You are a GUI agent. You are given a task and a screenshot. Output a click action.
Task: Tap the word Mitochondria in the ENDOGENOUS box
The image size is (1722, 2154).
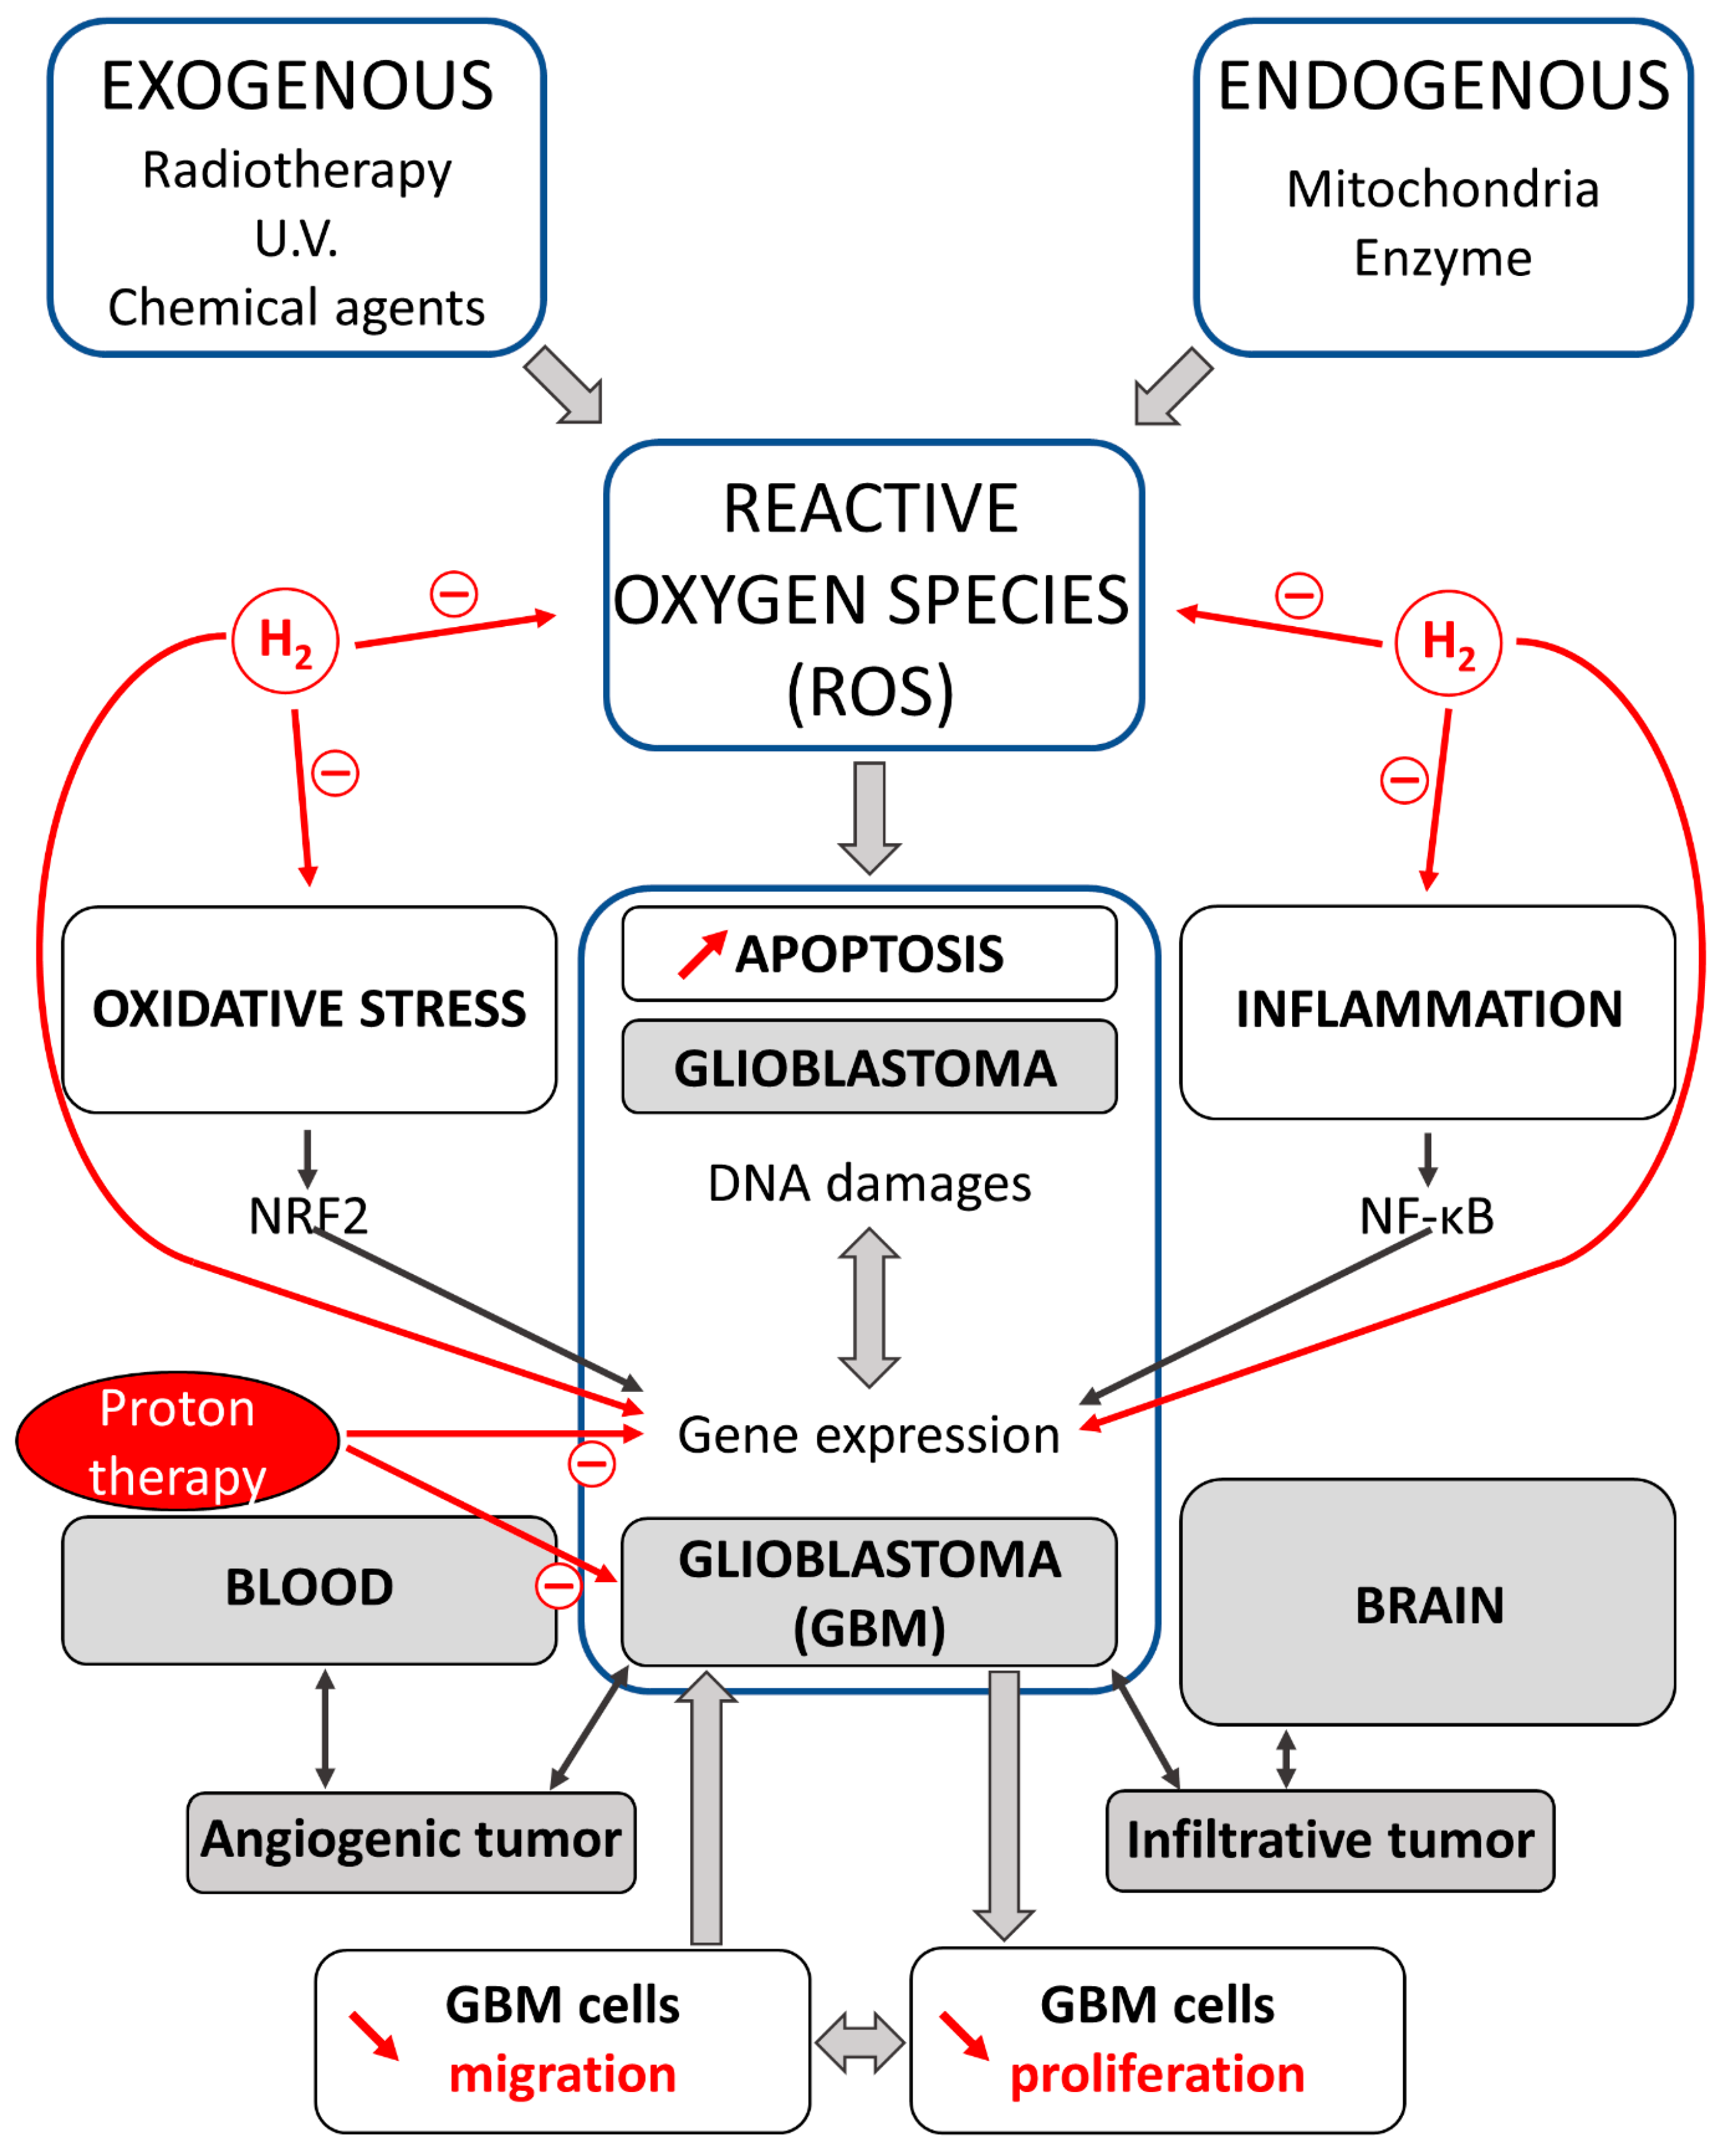(1442, 189)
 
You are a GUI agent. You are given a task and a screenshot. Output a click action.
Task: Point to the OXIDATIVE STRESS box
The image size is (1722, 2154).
(309, 1009)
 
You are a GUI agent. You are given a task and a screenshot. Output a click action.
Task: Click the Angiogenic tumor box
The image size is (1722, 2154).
(411, 1839)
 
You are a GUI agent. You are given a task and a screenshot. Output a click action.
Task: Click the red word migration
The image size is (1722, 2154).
(562, 2074)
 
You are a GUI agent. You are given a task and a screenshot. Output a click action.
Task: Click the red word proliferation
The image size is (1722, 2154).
(1157, 2074)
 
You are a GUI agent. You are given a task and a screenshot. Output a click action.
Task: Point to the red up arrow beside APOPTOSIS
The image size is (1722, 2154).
(702, 954)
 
